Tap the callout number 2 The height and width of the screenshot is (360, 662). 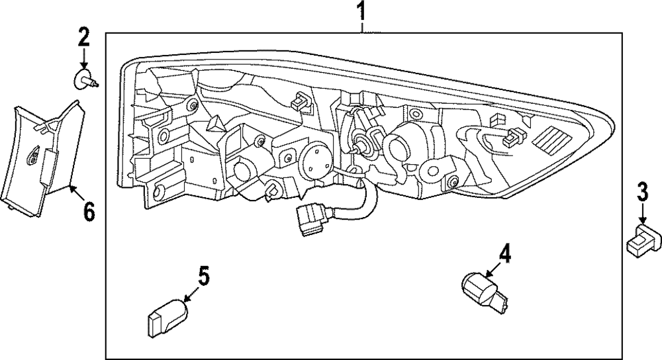tap(83, 36)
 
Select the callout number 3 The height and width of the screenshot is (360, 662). tap(641, 192)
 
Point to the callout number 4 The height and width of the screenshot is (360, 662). tap(505, 253)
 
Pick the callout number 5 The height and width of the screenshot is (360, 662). tap(203, 276)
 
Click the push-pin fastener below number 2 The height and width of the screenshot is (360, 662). tap(85, 80)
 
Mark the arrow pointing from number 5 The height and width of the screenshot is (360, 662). tap(191, 294)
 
